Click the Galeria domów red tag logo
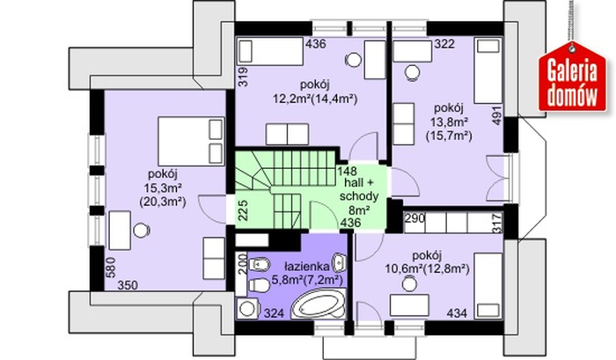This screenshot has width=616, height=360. pyautogui.click(x=573, y=77)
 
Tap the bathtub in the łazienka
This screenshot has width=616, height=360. pyautogui.click(x=319, y=305)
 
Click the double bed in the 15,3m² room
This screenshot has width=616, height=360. pyautogui.click(x=191, y=141)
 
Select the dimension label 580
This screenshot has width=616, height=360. pyautogui.click(x=112, y=268)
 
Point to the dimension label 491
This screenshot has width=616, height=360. pyautogui.click(x=497, y=115)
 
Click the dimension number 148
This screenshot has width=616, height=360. pyautogui.click(x=348, y=172)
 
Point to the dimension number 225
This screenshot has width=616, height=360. pyautogui.click(x=243, y=209)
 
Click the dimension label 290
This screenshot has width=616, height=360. pyautogui.click(x=415, y=217)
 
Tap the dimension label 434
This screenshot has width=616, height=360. pyautogui.click(x=458, y=313)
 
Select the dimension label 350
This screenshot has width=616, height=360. pyautogui.click(x=128, y=285)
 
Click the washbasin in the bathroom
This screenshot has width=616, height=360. pyautogui.click(x=340, y=263)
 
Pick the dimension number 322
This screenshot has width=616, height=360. pyautogui.click(x=444, y=44)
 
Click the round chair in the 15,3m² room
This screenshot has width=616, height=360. pyautogui.click(x=142, y=231)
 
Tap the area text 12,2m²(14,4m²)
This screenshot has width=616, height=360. pyautogui.click(x=315, y=99)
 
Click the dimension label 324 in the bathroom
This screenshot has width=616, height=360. pyautogui.click(x=274, y=313)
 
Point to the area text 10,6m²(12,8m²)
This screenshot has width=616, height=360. pyautogui.click(x=427, y=269)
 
